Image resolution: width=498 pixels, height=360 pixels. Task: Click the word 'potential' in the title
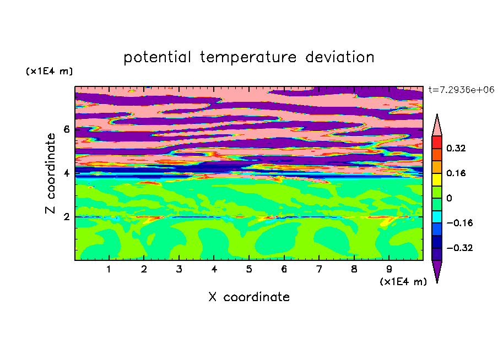157,57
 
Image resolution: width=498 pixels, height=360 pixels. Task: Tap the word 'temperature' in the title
248,57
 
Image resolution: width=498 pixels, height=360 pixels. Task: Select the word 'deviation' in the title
339,57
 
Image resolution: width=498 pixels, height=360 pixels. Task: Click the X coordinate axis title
249,297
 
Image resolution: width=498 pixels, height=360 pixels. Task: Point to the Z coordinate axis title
50,173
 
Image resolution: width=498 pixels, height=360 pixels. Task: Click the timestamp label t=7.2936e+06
461,90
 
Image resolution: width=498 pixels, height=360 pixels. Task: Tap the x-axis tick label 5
249,269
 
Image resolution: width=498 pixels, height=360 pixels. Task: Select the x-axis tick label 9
389,269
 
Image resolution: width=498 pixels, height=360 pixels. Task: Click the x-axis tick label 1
109,269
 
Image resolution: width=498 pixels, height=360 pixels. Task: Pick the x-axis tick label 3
179,269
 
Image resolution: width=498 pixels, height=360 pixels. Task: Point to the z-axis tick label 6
66,129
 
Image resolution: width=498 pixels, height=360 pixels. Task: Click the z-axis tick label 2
66,217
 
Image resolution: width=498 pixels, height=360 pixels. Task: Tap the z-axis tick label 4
66,173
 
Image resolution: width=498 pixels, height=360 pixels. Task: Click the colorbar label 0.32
456,148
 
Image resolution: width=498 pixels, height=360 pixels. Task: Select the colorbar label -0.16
459,223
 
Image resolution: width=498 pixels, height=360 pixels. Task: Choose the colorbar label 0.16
456,173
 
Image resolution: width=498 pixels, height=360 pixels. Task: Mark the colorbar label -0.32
459,248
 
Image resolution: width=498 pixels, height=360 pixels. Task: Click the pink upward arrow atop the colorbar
437,127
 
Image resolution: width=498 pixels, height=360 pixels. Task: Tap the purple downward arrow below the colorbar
437,269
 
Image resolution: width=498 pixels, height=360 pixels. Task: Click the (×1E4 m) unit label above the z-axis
49,71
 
